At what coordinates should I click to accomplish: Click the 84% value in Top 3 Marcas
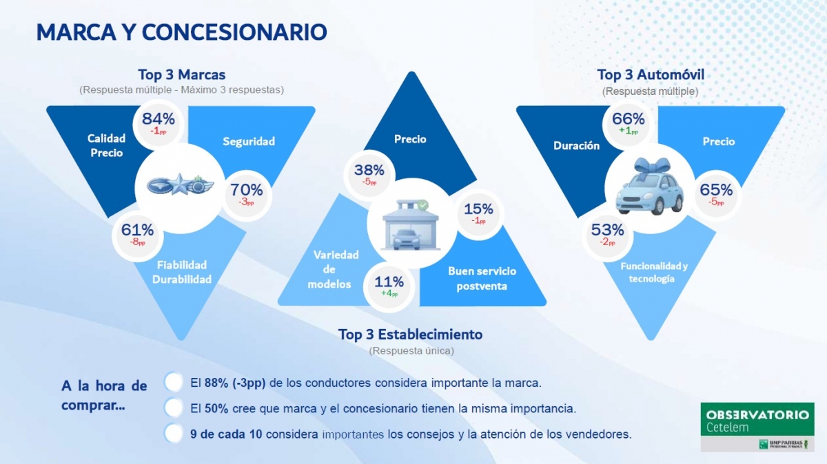tap(159, 118)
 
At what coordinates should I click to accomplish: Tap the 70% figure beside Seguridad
tap(247, 189)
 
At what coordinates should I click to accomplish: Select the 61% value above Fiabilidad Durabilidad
tap(138, 230)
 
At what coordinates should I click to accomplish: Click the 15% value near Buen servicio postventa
tap(478, 209)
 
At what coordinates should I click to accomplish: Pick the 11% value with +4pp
tap(389, 282)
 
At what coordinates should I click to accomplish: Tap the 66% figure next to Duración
tap(628, 119)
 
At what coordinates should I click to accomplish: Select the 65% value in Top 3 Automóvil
tap(717, 190)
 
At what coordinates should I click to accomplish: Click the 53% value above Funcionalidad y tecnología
tap(607, 230)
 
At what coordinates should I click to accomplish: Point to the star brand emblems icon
tap(181, 184)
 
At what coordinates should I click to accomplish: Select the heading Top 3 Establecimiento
tap(410, 335)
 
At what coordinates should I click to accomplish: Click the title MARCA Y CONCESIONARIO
tap(181, 32)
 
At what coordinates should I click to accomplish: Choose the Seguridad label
tap(249, 142)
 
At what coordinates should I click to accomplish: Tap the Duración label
tap(576, 146)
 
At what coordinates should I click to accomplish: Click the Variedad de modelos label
tap(329, 269)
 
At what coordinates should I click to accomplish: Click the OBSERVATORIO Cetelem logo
tap(757, 427)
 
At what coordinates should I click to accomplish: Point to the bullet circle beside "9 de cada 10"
tap(174, 434)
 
